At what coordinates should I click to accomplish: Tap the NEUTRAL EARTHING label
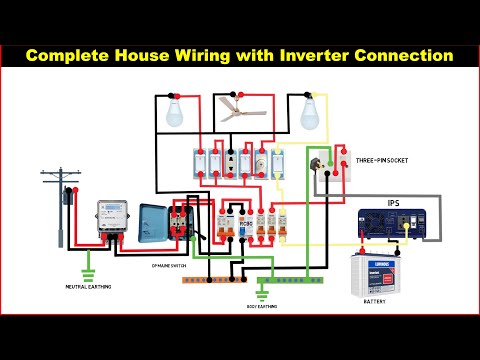coord(91,287)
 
